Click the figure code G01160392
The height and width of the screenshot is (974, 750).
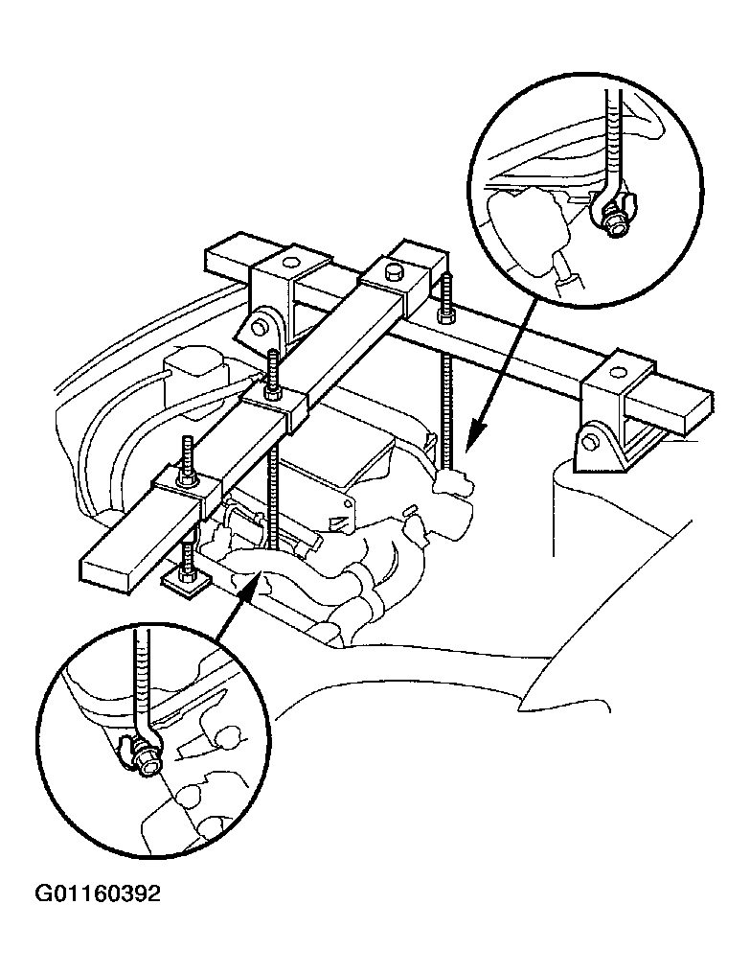[x=98, y=893]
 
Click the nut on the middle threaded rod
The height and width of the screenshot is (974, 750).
[x=272, y=394]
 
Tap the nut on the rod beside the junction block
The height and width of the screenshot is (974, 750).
[x=444, y=316]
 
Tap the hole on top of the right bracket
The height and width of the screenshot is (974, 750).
[x=618, y=373]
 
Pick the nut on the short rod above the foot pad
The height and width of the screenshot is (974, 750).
[x=186, y=570]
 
